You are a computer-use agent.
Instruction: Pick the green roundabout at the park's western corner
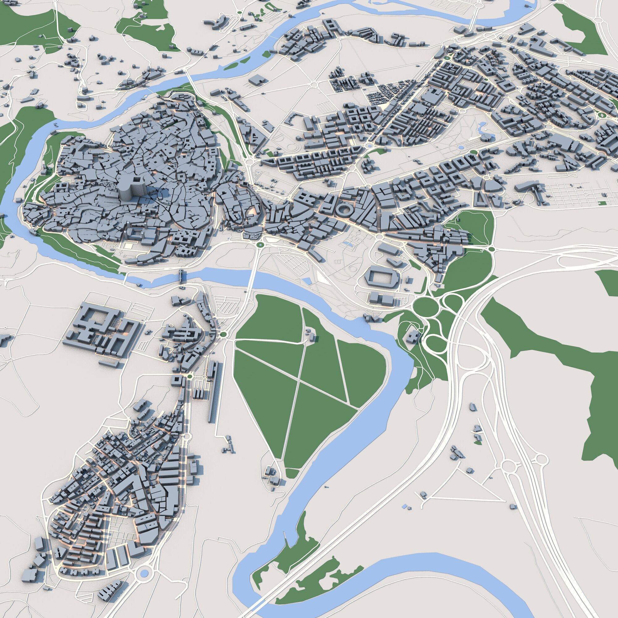click(223, 335)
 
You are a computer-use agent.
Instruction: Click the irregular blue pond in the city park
click(482, 129)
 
